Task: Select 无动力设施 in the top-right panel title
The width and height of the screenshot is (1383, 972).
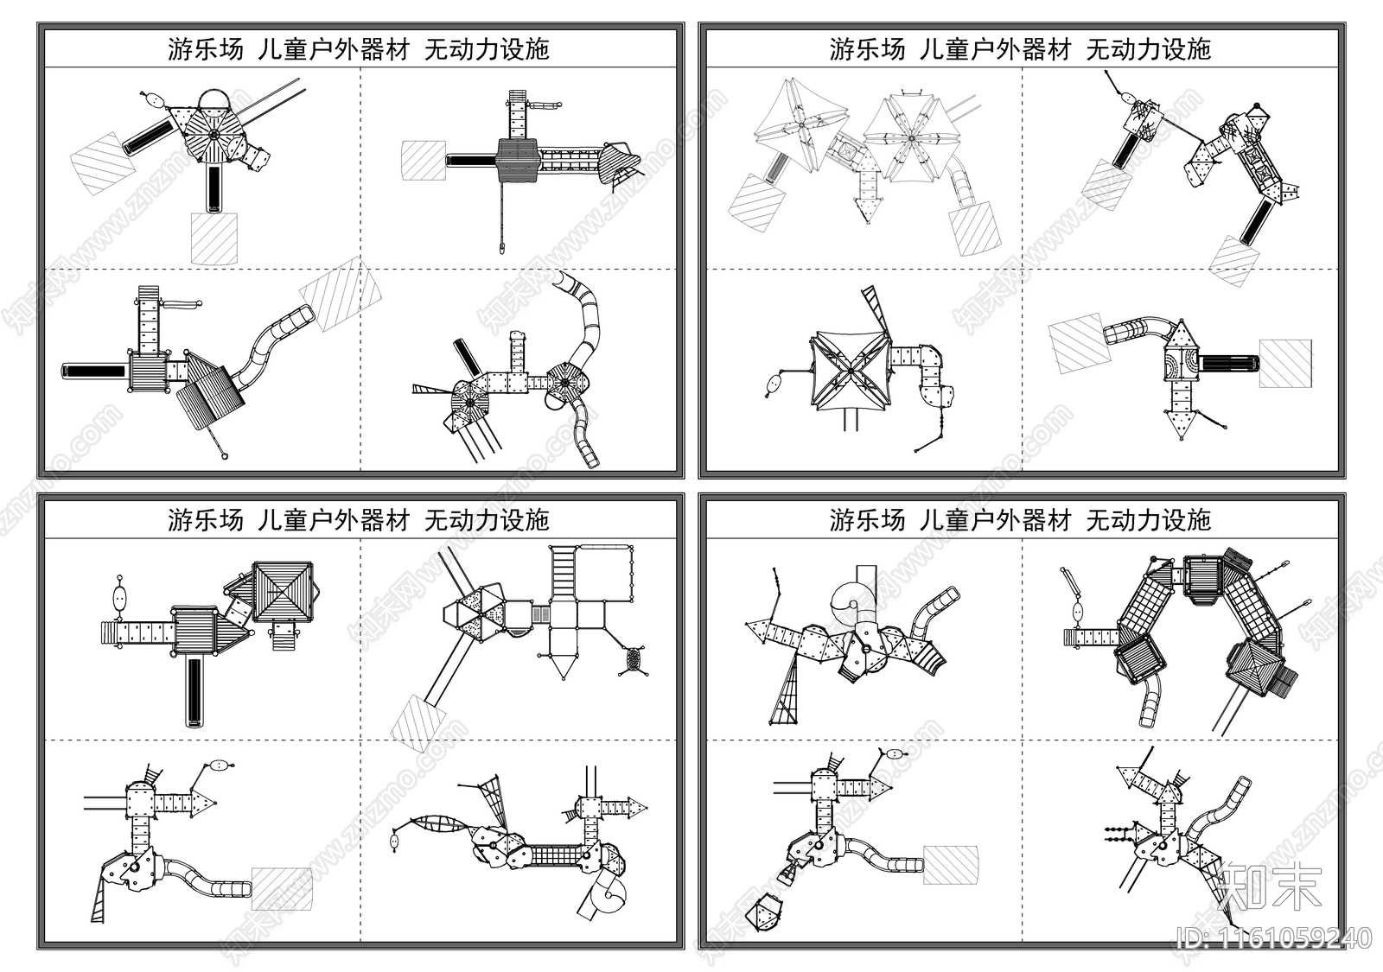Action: click(x=1148, y=49)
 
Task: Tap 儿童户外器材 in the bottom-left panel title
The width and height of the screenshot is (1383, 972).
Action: click(x=334, y=520)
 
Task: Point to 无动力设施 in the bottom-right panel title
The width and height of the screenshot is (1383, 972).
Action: click(x=1148, y=520)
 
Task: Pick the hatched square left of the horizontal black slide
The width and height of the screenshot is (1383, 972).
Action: click(x=423, y=161)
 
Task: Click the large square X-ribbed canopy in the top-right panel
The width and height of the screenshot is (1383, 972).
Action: click(x=851, y=372)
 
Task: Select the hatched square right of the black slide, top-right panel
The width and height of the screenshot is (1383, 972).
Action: click(x=1284, y=364)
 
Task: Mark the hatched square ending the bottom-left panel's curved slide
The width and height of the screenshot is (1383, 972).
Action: click(x=281, y=889)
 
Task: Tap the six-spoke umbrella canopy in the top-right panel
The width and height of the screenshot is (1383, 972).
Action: click(x=909, y=138)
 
